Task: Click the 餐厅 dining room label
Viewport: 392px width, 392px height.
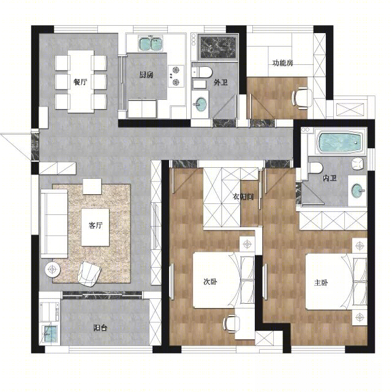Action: click(80, 81)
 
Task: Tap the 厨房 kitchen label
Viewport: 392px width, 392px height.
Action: click(146, 74)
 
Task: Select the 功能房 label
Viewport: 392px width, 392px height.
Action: click(283, 62)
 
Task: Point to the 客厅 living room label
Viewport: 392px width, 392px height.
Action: click(96, 225)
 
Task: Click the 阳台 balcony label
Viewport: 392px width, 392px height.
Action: click(100, 328)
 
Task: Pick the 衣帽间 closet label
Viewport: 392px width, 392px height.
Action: click(243, 197)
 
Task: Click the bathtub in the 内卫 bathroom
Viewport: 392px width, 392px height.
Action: click(340, 142)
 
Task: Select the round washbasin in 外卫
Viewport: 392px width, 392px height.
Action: click(200, 104)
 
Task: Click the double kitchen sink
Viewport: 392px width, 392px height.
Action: click(151, 43)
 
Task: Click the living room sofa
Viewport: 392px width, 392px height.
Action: click(54, 224)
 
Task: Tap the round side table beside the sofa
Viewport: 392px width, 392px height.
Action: click(53, 269)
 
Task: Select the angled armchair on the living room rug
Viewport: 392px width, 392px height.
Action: click(89, 274)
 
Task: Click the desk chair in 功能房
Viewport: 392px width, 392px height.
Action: click(302, 98)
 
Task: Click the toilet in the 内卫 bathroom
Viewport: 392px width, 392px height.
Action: click(315, 167)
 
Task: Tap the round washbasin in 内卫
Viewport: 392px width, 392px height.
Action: click(358, 190)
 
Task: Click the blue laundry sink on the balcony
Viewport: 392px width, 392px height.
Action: click(50, 334)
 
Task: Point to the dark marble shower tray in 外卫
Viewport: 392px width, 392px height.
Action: click(218, 48)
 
